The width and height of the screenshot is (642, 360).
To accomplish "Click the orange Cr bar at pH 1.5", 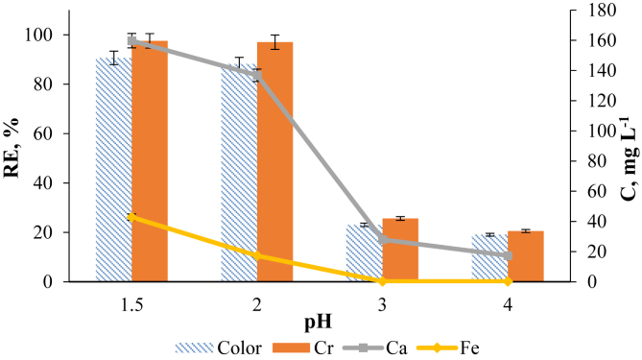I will tap(150, 161).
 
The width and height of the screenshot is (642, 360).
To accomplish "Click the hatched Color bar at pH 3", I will tap(364, 252).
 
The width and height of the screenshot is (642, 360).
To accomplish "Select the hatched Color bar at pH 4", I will tap(489, 257).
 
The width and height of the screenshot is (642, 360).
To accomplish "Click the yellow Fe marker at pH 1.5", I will tap(131, 217).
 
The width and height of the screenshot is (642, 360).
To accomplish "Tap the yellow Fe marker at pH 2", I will tap(256, 256).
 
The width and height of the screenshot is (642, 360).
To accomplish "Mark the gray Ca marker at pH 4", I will tap(508, 255).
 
